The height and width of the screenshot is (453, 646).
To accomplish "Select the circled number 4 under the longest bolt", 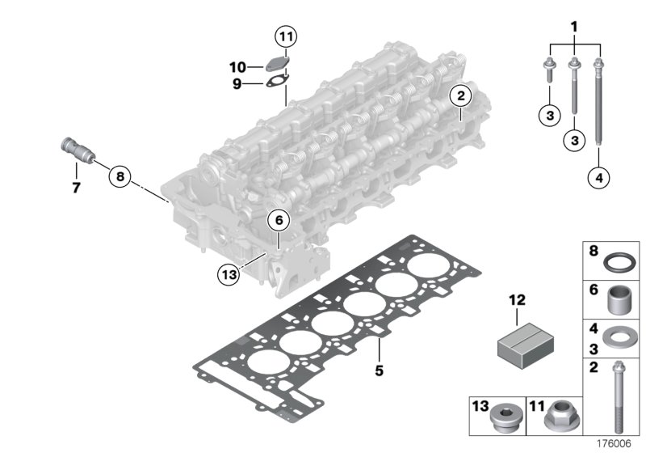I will pos(598,177).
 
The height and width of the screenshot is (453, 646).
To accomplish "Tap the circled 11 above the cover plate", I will pos(285,36).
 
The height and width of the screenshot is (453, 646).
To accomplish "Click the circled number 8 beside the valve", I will pos(120,176).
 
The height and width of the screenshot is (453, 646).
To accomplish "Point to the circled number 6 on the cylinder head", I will pos(277,219).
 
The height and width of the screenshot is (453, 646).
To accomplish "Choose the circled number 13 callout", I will pos(229,274).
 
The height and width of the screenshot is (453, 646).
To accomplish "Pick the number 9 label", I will pos(238,83).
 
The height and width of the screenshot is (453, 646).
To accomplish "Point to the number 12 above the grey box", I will pos(517,300).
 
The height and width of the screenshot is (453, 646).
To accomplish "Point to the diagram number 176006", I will pos(614,443).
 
